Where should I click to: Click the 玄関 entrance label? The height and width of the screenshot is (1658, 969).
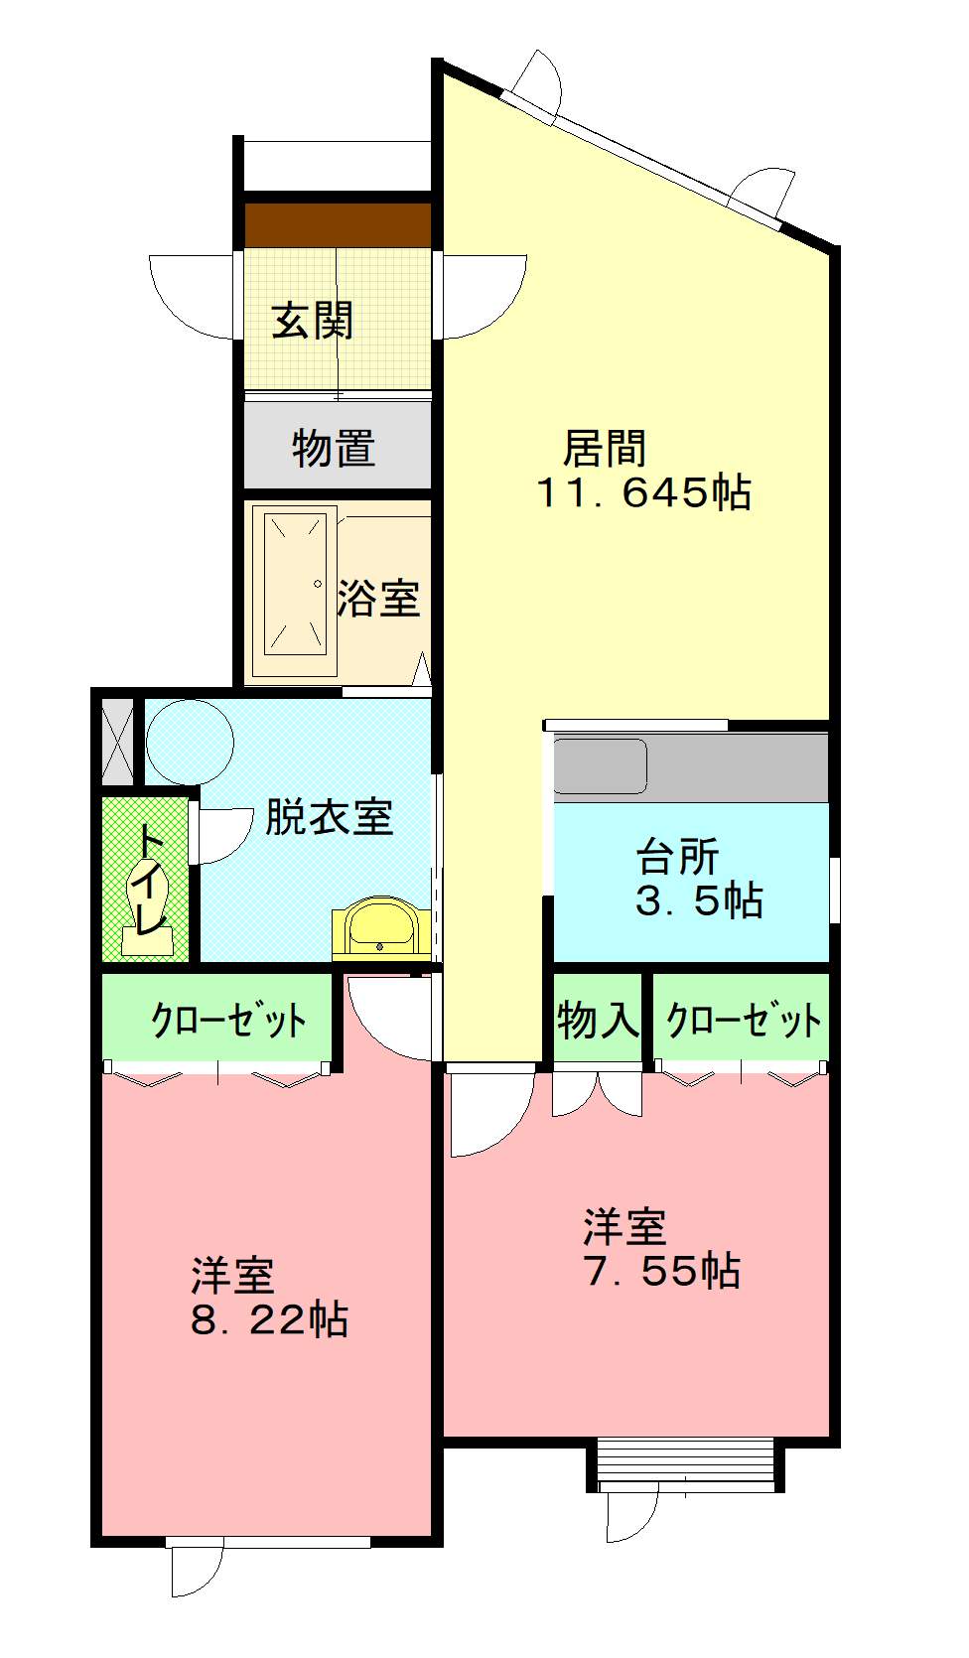(312, 321)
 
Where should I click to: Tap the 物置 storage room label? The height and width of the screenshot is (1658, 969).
(334, 449)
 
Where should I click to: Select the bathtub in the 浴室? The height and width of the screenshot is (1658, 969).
(294, 583)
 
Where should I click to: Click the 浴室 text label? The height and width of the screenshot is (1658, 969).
(378, 598)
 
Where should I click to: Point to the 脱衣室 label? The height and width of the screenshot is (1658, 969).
(329, 817)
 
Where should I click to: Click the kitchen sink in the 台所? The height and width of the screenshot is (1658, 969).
(600, 766)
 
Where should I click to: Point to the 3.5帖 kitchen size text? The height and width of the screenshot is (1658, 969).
(699, 900)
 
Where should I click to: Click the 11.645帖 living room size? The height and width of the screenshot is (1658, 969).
(643, 492)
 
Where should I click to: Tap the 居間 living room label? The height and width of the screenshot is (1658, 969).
(604, 449)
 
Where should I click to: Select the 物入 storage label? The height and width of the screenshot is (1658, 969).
(598, 1020)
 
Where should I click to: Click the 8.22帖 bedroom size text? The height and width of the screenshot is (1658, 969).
(269, 1319)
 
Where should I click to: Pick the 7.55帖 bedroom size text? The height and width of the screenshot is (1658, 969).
(662, 1271)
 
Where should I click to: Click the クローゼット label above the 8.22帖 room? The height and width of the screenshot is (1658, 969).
(227, 1020)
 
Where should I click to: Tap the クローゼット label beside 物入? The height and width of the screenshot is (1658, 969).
(743, 1020)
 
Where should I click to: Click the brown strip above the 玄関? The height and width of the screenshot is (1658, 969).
(338, 224)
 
